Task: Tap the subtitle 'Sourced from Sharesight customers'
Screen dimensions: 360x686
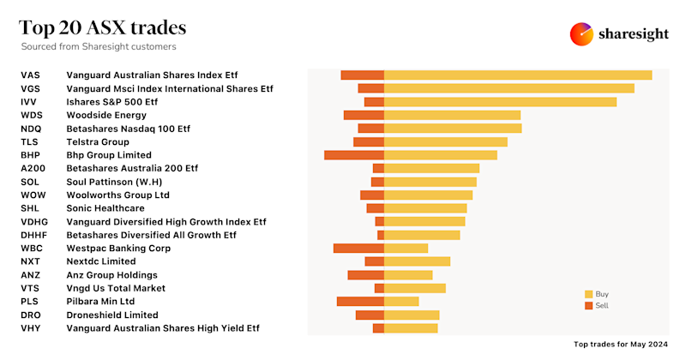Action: coord(99,46)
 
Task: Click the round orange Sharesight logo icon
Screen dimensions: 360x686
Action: coord(582,34)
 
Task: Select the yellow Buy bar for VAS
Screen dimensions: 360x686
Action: coord(518,75)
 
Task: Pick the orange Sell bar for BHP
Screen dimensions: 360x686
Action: coord(354,155)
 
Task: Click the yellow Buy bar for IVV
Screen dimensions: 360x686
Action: coord(500,102)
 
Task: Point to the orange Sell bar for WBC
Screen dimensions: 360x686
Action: coord(358,249)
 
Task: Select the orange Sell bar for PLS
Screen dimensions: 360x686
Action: coord(360,302)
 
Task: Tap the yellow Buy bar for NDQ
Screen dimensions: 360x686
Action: coord(453,129)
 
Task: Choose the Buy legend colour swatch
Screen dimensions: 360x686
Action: coord(588,294)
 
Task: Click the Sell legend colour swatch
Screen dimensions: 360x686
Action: coord(588,305)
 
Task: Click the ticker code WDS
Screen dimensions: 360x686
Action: coord(32,115)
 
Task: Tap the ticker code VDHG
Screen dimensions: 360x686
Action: coord(34,222)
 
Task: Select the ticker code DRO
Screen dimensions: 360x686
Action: coord(31,315)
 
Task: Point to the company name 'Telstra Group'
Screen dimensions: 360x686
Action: coord(98,141)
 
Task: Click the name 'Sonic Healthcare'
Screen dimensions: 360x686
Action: coord(105,208)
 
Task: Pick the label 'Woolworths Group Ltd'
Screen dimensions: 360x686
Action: coord(118,195)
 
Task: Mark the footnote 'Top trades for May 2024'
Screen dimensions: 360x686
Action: coord(620,344)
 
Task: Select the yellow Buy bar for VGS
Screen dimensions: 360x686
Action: coord(508,88)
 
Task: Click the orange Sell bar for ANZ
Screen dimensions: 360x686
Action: coord(365,275)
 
